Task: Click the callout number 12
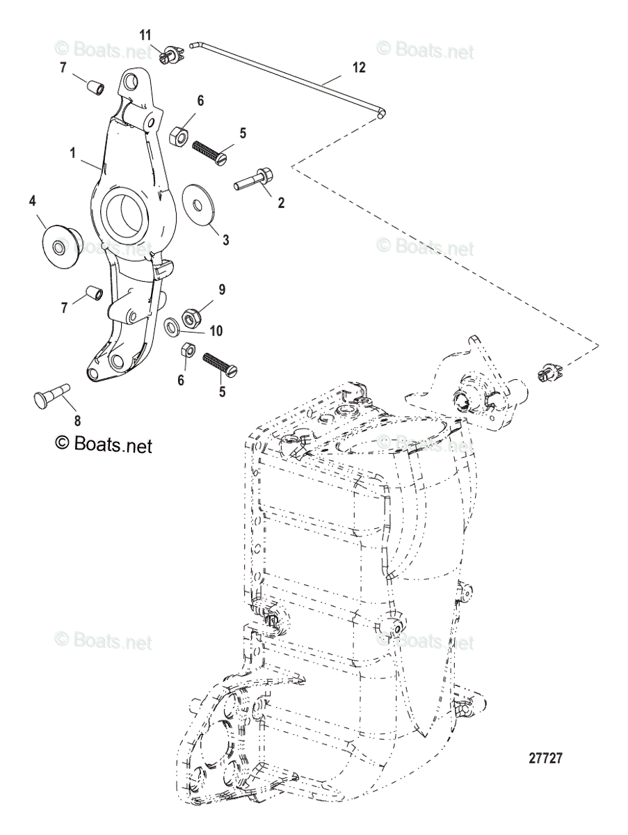tap(358, 67)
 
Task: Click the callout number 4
tap(32, 201)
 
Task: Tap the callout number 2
tap(281, 203)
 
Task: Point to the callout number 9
tap(222, 289)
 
